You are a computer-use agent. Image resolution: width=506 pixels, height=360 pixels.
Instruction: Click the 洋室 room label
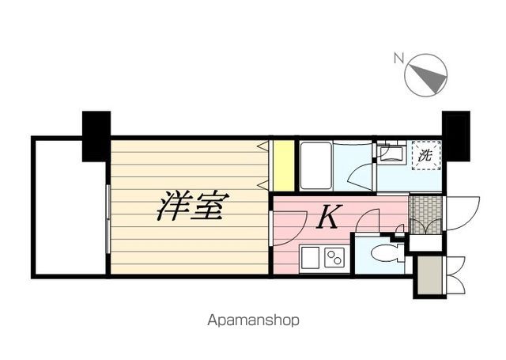193,207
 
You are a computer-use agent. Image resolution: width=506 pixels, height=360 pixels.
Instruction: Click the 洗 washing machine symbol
425,155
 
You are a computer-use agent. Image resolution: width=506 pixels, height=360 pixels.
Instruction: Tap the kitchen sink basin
309,257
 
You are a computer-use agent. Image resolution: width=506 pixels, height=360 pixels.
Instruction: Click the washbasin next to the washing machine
391,153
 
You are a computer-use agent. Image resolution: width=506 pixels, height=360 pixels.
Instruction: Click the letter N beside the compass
399,57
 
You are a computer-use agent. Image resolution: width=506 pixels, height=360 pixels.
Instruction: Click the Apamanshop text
253,321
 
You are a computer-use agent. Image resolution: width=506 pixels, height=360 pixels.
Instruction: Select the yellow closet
282,165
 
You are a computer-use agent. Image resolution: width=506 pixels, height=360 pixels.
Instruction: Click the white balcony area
69,207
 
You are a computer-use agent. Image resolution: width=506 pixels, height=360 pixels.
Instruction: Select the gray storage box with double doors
428,275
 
